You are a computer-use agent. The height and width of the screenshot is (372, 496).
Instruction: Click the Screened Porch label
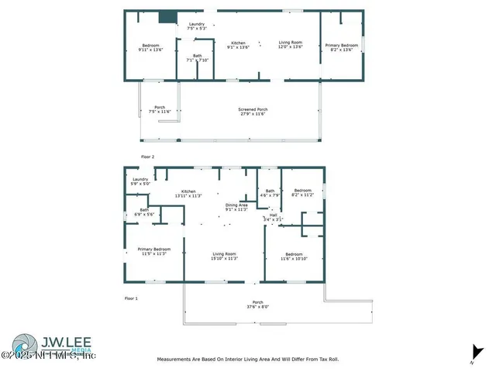[x=252, y=112]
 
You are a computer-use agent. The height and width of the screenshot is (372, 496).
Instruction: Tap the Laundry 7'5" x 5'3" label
[x=197, y=26]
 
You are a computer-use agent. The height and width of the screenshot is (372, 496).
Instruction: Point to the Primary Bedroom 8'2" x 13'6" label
[x=342, y=47]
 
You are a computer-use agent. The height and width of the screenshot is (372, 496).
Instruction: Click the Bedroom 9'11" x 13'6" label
[x=150, y=47]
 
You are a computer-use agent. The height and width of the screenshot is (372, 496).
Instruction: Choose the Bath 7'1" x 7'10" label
[x=197, y=58]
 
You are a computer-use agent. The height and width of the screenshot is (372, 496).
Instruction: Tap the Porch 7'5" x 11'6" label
[x=159, y=109]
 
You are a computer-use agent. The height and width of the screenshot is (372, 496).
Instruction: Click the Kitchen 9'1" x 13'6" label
[x=239, y=44]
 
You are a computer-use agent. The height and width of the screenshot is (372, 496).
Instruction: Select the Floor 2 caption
[x=147, y=157]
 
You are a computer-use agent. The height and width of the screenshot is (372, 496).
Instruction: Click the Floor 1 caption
[x=131, y=298]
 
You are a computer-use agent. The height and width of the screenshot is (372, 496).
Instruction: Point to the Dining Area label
[x=236, y=207]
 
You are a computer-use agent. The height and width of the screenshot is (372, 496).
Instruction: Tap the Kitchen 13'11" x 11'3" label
[x=188, y=193]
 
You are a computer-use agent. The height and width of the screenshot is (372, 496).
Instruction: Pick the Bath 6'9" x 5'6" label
[x=144, y=212]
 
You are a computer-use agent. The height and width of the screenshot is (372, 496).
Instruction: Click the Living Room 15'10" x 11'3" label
[x=225, y=256]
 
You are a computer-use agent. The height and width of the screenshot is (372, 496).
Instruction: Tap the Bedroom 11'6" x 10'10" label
[x=294, y=256]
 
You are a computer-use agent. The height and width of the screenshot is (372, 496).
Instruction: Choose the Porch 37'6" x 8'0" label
[x=258, y=304]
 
